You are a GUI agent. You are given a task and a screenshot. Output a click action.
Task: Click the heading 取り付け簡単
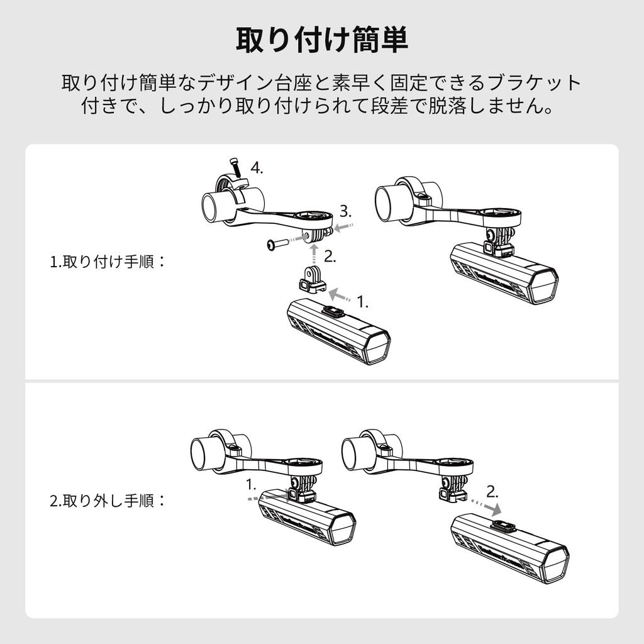coord(321,40)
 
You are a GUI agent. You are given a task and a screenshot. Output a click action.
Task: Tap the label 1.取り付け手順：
coord(108,262)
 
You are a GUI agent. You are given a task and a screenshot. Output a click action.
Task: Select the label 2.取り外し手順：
coord(108,501)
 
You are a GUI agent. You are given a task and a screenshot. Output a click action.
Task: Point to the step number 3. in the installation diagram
coord(346,211)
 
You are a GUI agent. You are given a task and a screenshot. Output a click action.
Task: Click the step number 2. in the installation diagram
coord(330,257)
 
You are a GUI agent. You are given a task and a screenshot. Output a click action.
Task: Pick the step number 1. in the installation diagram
coord(362,302)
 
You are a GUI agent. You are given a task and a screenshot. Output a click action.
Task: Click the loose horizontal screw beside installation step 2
coord(277,245)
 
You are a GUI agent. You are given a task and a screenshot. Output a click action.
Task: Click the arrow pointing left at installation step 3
coord(344,226)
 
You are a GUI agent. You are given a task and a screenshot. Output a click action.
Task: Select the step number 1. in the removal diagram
coord(251,485)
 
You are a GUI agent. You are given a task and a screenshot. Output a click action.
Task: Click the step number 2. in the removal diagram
coord(492,491)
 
